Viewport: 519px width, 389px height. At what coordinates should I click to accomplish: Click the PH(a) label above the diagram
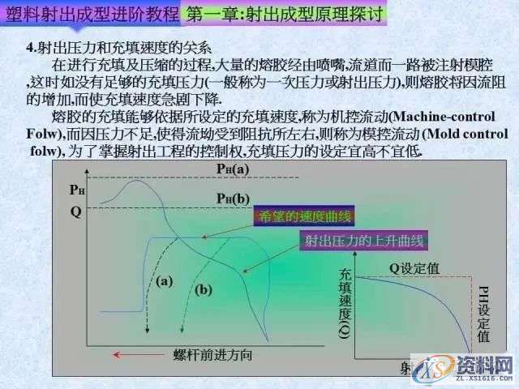tap(233, 169)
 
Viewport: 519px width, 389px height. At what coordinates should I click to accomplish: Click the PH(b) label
tap(233, 199)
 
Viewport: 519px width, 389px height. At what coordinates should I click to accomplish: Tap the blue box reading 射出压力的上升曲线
tap(363, 241)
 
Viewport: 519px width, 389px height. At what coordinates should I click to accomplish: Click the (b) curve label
tap(203, 289)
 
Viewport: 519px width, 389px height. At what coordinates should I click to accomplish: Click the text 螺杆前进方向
tap(213, 355)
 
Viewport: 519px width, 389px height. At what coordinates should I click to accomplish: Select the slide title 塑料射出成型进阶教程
tap(91, 14)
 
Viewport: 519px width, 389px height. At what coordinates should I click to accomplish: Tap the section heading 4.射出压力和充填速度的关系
tap(118, 46)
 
